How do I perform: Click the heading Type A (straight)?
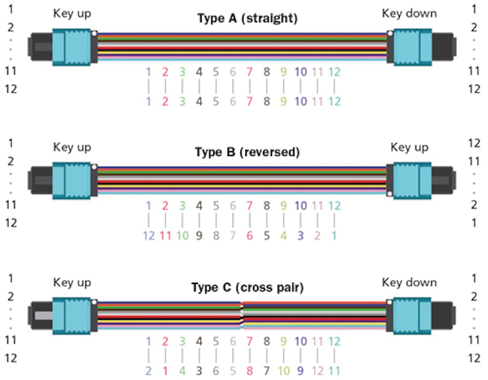click(247, 18)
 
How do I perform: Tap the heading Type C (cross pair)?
click(247, 288)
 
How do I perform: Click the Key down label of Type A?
click(409, 13)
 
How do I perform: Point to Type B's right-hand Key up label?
click(409, 147)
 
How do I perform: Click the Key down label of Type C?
click(409, 282)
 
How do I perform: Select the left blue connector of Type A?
click(72, 47)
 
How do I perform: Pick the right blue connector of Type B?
click(412, 181)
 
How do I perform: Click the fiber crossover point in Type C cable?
click(242, 314)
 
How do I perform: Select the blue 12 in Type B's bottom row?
click(149, 236)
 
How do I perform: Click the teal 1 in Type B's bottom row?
click(334, 236)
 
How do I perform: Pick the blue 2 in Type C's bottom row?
click(149, 371)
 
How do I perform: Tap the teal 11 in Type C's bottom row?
click(334, 371)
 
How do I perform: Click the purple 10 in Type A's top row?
click(300, 72)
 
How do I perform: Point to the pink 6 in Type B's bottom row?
click(250, 236)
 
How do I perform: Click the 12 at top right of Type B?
click(474, 143)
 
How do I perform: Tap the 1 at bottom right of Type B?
click(474, 223)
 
